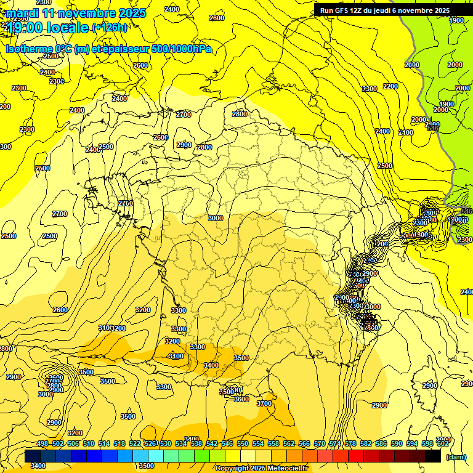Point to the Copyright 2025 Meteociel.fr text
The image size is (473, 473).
tap(261, 468)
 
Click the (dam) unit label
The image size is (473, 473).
tap(456, 456)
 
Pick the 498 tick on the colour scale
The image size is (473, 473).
tap(42, 443)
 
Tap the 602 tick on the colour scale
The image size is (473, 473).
tap(442, 443)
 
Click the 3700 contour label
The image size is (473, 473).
tap(264, 403)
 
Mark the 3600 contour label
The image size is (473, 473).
tap(241, 399)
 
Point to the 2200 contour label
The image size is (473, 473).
tap(390, 86)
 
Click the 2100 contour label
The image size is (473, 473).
tap(406, 132)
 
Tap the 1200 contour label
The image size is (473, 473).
tap(380, 244)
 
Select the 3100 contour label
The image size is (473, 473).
tap(176, 356)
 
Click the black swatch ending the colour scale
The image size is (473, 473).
tap(433, 456)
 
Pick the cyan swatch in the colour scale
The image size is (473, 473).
tap(156, 456)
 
